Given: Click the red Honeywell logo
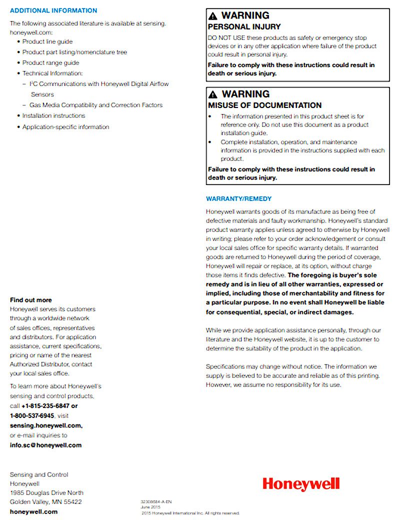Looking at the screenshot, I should (x=301, y=483).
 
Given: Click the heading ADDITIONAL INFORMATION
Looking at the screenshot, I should (x=53, y=10).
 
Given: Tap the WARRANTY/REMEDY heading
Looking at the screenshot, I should (x=239, y=198).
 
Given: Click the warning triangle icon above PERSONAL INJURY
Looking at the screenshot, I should (x=213, y=16).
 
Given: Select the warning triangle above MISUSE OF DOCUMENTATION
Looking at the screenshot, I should (x=213, y=94).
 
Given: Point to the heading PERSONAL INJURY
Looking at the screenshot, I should (x=244, y=26).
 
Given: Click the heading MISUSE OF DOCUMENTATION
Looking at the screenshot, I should (x=264, y=105).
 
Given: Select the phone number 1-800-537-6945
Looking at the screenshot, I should (x=32, y=415).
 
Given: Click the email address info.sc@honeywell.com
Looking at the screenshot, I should (x=45, y=445).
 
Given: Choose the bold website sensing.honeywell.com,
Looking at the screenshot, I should (x=46, y=425).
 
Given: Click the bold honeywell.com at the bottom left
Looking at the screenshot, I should (x=33, y=511).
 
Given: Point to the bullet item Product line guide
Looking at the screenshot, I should (x=47, y=41).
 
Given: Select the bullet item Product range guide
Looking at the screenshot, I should (x=50, y=63).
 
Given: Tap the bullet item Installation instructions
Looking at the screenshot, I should (x=53, y=115).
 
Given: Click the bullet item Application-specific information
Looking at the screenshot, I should (x=65, y=127).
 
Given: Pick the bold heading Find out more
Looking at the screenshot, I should (x=30, y=300).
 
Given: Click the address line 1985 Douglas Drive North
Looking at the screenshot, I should (x=46, y=492).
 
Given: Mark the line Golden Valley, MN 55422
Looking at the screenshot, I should (x=45, y=501).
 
